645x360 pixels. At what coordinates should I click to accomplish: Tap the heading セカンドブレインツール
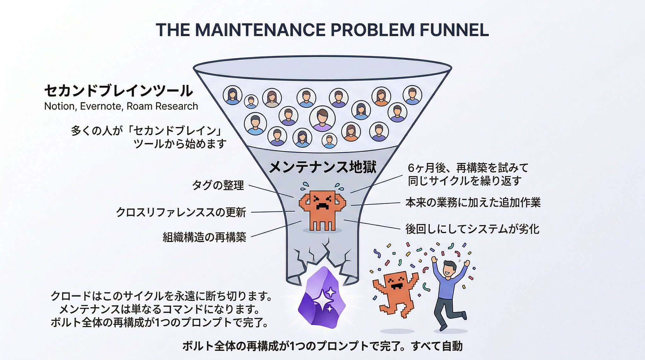118,91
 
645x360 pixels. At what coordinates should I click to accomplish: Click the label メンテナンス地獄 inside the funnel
323,167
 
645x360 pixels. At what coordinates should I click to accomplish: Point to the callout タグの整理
218,185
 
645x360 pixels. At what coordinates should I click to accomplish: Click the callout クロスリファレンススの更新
181,212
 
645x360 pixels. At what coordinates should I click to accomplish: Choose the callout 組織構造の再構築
204,237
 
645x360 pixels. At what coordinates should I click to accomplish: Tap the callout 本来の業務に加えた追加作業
473,202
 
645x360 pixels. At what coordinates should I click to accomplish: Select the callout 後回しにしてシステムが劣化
472,229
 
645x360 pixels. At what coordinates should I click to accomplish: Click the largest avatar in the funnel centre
322,118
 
